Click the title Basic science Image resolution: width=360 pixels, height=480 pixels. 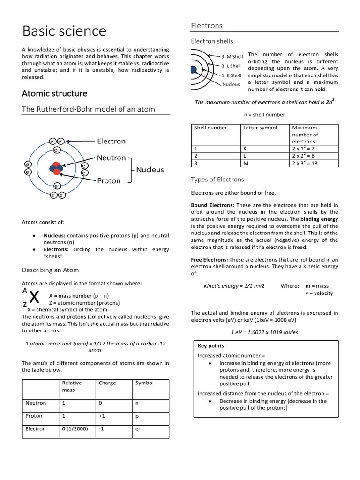[64, 31]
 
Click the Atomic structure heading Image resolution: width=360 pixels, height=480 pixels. [54, 93]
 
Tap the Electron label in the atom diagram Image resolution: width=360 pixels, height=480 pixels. [111, 141]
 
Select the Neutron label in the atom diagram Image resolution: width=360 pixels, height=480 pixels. [112, 158]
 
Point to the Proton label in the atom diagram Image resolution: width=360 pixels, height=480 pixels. [108, 180]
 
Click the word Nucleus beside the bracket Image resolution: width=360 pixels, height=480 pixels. [150, 169]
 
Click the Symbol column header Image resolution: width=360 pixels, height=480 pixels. [144, 382]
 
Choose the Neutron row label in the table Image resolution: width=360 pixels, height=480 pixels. [36, 403]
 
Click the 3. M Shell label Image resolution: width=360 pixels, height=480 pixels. [232, 57]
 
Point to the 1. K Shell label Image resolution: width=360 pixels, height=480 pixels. [231, 75]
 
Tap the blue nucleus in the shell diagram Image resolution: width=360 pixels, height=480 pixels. [193, 70]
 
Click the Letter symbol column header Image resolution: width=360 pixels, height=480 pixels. [260, 127]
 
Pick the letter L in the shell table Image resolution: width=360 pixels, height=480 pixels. [245, 156]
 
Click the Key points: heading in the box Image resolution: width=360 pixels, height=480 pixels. [212, 345]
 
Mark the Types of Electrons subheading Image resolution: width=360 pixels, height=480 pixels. [217, 180]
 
